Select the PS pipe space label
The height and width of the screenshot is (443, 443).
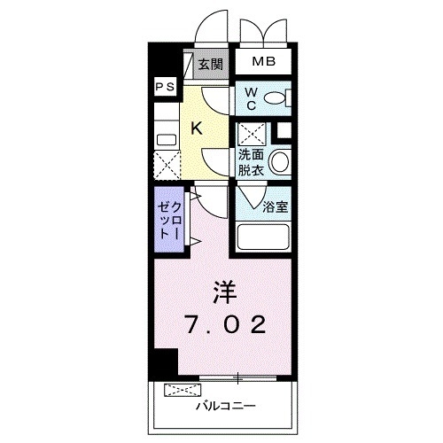(164, 87)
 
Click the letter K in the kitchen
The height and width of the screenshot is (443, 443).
(197, 128)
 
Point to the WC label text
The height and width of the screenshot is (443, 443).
(251, 97)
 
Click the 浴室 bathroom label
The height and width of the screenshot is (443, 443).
(275, 207)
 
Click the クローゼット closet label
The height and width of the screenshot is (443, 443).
(168, 218)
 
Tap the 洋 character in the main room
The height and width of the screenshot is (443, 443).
(221, 291)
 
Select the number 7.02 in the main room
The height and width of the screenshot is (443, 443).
(224, 325)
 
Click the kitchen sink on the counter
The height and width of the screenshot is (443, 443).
(164, 138)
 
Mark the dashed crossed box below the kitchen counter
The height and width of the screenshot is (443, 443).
(165, 165)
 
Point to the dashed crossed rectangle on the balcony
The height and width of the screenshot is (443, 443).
(183, 390)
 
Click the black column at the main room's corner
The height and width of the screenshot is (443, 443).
(163, 361)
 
